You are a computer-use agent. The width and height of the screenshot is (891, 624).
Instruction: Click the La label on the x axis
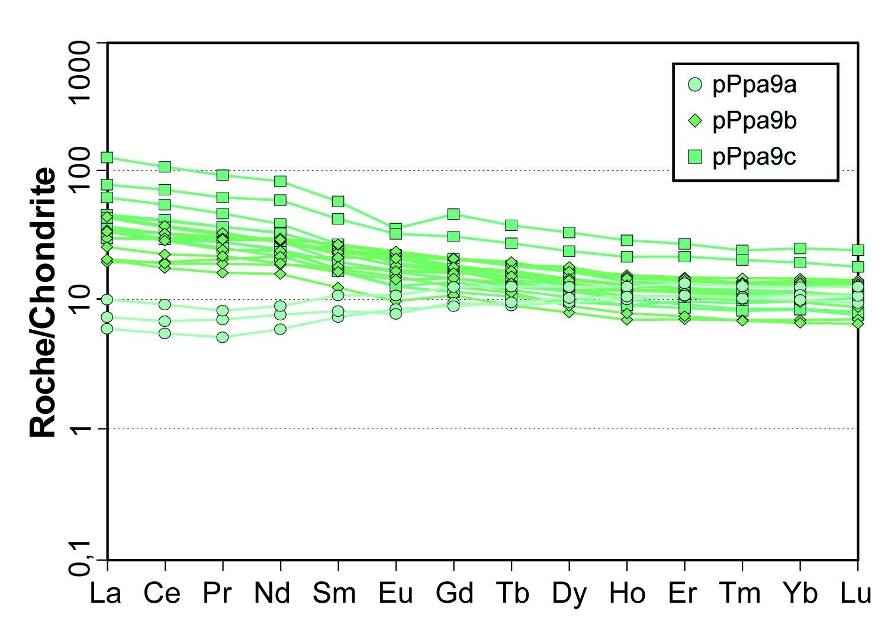pos(106,593)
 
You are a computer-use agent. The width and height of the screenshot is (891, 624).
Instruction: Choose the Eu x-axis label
pos(395,593)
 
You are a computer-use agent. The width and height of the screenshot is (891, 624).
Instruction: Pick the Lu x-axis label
pos(857,593)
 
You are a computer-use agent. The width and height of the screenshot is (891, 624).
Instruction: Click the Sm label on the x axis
pos(336,593)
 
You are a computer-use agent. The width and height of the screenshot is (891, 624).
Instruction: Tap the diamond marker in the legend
pos(695,121)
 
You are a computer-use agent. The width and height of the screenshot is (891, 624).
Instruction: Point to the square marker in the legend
pos(695,156)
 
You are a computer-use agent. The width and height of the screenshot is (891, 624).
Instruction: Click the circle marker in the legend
pos(695,85)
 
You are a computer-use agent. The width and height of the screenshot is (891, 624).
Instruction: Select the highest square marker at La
pos(107,157)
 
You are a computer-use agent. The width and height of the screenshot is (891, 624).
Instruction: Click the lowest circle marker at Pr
pos(223,337)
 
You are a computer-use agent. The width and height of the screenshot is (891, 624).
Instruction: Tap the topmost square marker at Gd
pos(453,214)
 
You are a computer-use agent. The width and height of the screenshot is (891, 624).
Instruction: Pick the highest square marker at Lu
pos(858,250)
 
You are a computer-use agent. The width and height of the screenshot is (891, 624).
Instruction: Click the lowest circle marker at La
pos(107,329)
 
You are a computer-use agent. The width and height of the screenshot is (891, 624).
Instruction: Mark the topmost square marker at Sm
pos(338,202)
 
